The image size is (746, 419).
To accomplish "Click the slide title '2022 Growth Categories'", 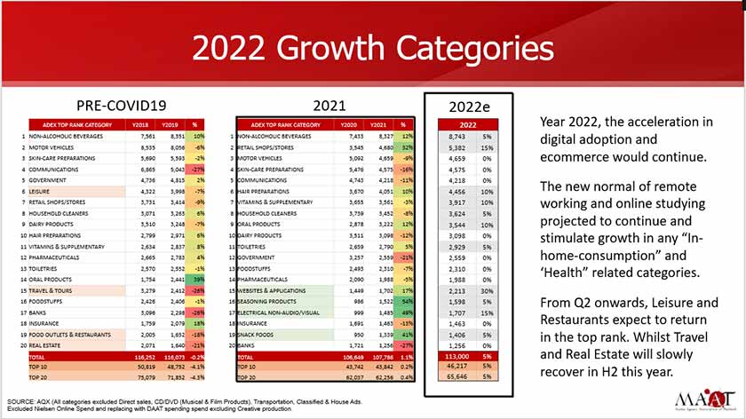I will tap(373, 46).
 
